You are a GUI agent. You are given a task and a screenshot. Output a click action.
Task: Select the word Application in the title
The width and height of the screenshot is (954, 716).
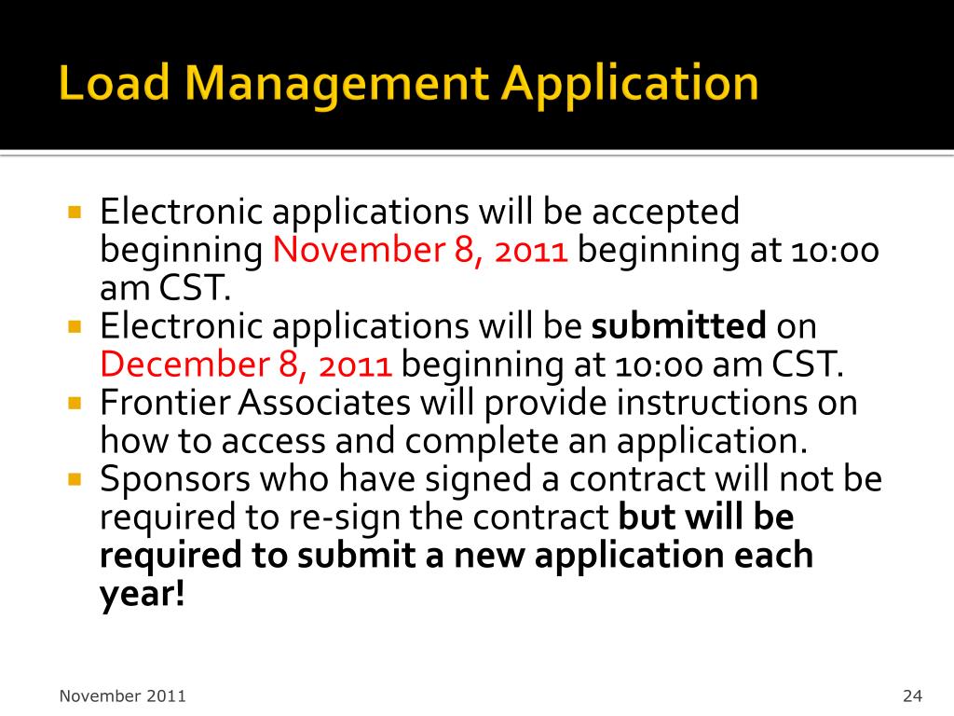tap(630, 84)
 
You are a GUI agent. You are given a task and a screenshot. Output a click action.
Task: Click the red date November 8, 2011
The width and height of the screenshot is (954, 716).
tap(421, 251)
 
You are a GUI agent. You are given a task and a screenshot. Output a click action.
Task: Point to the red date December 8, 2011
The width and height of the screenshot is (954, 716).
tap(246, 365)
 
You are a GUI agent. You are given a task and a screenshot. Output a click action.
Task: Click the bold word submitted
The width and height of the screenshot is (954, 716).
tap(679, 326)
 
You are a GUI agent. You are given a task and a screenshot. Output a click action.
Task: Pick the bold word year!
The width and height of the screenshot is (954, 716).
tap(143, 594)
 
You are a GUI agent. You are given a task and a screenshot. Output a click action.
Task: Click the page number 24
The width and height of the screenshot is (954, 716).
tap(912, 695)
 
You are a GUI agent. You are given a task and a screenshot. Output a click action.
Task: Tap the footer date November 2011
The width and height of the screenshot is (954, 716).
tap(122, 695)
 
